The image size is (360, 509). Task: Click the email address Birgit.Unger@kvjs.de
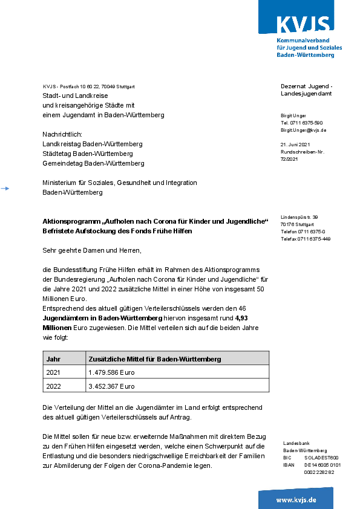coord(303,130)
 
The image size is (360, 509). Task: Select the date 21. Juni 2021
coord(295,144)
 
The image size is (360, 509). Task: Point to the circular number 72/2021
coord(289,159)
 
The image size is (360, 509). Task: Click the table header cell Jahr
coord(53,358)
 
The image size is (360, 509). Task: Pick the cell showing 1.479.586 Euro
coord(111,372)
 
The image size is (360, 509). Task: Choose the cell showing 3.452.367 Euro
coord(111,386)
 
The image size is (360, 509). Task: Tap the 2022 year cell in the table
coord(53,386)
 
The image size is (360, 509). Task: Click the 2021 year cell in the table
coord(53,372)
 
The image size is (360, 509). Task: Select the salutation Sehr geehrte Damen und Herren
coord(91,250)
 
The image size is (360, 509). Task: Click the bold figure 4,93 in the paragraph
coord(241,317)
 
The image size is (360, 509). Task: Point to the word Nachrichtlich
coord(62,134)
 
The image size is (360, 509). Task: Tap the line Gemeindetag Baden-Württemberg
coord(93,163)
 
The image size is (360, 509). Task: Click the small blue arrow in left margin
coord(5,189)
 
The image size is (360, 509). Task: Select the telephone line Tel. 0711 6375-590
coord(301,123)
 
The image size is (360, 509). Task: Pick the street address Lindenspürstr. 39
coord(299,217)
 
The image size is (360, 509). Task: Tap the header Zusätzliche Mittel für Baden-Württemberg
coord(154,358)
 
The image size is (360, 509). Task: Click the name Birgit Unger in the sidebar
coord(293,115)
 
